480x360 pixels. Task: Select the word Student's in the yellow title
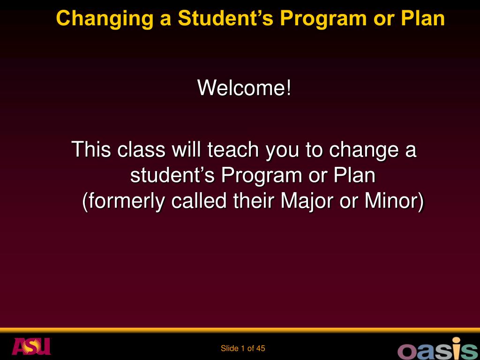tap(225, 18)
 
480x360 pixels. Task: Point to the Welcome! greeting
tap(244, 88)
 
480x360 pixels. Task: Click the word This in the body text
tap(91, 150)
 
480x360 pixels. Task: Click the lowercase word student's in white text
tap(172, 175)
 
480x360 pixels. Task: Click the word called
tap(199, 201)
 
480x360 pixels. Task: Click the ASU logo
tap(31, 346)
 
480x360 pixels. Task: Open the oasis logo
tap(438, 348)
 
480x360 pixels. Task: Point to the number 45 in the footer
tap(261, 348)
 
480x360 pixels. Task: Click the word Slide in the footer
tap(230, 348)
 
